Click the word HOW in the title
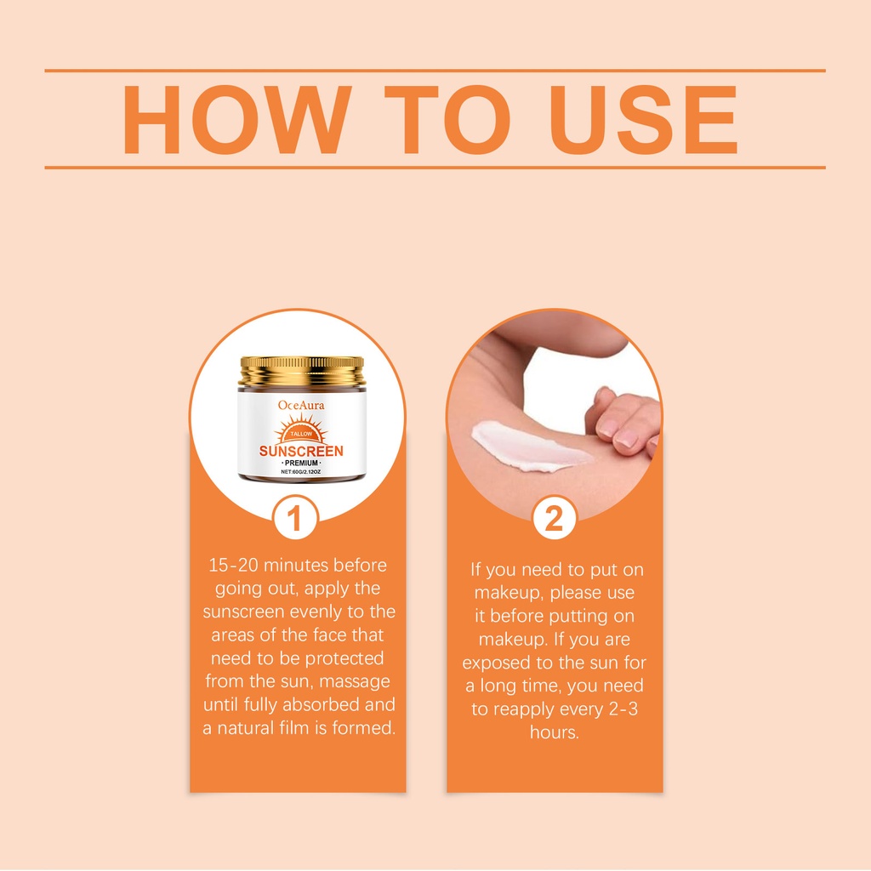click(237, 119)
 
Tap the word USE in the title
click(643, 119)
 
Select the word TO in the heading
click(447, 119)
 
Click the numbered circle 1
click(295, 518)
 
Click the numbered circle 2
click(554, 518)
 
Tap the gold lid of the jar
click(302, 371)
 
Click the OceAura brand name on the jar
click(301, 405)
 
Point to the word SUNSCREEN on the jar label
click(301, 451)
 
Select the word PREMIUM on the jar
click(301, 463)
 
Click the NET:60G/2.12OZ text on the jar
click(300, 471)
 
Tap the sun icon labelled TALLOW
click(301, 430)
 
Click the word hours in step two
click(555, 732)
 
